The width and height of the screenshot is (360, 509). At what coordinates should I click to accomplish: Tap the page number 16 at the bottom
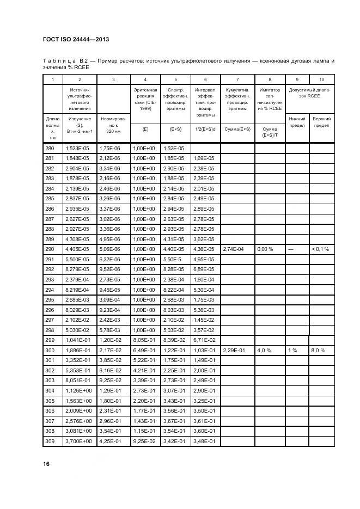tap(46, 463)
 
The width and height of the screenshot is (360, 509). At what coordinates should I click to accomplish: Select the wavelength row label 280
tap(50, 148)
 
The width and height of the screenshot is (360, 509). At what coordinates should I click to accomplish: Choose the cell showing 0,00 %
tap(265, 249)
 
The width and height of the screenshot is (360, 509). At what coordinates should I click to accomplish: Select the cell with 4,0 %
tap(264, 351)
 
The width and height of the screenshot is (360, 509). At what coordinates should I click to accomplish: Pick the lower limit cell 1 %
tap(292, 351)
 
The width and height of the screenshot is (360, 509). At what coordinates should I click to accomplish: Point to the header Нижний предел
tap(297, 121)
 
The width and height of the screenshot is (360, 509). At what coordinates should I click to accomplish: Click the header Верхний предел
tap(322, 121)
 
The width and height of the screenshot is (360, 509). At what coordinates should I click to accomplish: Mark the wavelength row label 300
tap(50, 351)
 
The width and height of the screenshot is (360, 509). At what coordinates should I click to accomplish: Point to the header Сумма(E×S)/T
tap(270, 132)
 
